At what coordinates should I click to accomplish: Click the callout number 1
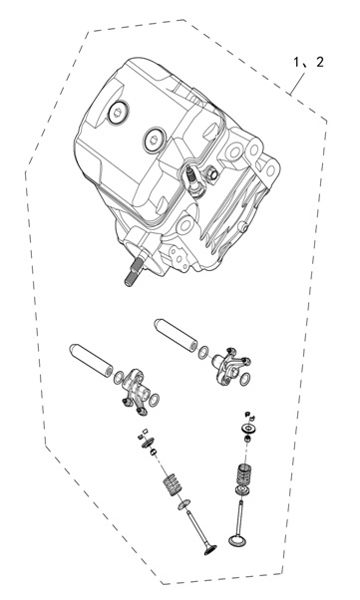click(x=297, y=62)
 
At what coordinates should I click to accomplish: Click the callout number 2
click(x=320, y=62)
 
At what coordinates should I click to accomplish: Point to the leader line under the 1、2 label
click(x=298, y=84)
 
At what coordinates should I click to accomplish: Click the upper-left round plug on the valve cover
click(x=118, y=112)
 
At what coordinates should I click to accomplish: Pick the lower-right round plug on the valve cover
click(x=155, y=139)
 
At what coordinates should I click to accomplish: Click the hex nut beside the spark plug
click(x=211, y=174)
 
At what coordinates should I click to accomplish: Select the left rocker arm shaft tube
click(x=91, y=360)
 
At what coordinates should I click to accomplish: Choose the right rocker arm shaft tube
click(x=177, y=335)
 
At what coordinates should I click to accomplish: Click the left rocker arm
click(x=135, y=392)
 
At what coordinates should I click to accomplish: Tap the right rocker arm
click(x=230, y=366)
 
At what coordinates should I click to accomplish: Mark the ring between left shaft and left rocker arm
click(x=119, y=378)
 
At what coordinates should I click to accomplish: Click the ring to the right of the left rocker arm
click(x=154, y=400)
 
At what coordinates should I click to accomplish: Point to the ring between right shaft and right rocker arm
click(x=203, y=353)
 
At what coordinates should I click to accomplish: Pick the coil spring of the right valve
click(x=244, y=474)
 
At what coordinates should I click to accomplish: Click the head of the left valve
click(x=210, y=550)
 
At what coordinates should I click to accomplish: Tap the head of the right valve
click(x=236, y=540)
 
